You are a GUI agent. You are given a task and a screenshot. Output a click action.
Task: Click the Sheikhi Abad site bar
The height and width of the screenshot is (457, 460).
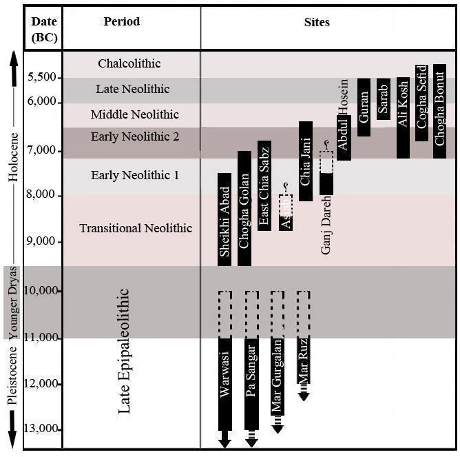tap(224, 219)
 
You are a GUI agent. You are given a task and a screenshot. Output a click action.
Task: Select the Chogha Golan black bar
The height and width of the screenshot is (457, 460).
tap(244, 208)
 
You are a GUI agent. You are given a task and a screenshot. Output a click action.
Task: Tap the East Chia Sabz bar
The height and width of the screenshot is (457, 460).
tap(264, 185)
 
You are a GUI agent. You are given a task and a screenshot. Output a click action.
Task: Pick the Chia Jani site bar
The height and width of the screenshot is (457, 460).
tap(306, 161)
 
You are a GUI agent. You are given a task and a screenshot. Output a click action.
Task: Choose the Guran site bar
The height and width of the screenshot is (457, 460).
tap(364, 107)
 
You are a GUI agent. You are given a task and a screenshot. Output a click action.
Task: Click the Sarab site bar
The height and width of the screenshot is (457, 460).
tap(384, 99)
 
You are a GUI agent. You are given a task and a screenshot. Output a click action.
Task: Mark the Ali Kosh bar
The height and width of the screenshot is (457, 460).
tap(404, 118)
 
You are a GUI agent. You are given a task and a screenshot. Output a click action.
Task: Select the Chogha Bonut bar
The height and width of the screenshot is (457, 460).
tap(440, 111)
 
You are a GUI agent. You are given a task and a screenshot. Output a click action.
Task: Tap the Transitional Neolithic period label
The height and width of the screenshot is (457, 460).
tap(135, 228)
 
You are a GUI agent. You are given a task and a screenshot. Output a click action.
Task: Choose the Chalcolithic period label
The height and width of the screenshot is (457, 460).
tap(129, 63)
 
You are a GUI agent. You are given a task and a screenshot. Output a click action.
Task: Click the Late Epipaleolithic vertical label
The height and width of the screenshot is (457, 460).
tap(125, 352)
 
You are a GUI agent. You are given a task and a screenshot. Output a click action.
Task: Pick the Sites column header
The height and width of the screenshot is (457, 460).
tap(317, 22)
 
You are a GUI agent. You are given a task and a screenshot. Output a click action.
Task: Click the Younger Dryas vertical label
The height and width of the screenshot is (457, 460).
tap(12, 302)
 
